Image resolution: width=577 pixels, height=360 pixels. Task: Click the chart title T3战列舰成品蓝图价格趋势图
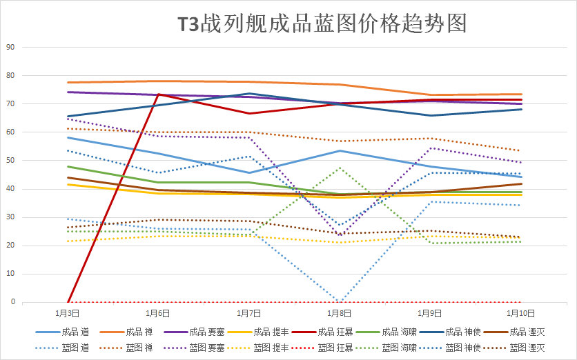[322, 25]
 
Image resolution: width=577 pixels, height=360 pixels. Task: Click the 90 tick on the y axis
[10, 48]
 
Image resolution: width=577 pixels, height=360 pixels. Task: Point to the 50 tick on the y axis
[10, 161]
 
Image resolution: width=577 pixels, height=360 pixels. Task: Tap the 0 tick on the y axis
[12, 302]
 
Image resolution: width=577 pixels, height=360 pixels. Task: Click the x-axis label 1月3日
[68, 312]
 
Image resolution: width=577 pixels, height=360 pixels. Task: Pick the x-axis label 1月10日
[519, 312]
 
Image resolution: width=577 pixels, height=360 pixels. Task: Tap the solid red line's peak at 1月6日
[159, 94]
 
